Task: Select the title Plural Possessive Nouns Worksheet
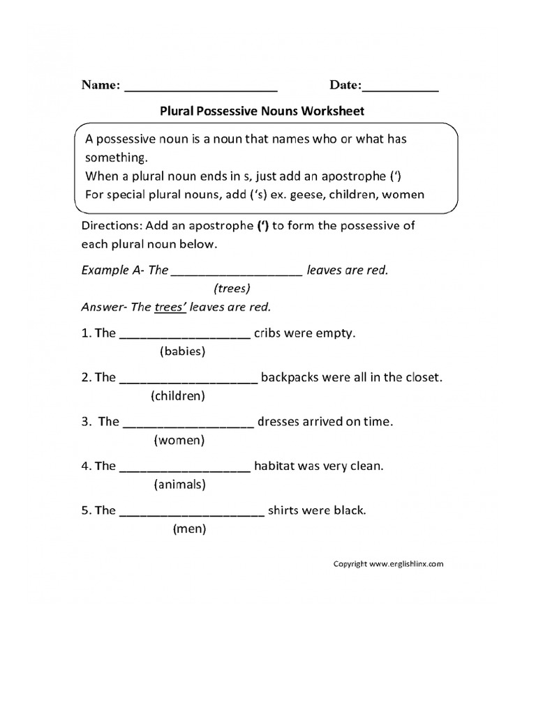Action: coord(262,110)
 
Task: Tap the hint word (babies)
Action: coord(182,351)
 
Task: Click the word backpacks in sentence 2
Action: coord(290,378)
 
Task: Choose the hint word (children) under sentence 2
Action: coord(177,396)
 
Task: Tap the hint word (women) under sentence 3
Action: coord(179,441)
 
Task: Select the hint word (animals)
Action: coord(179,484)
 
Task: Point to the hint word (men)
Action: coord(189,529)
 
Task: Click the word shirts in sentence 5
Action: coord(285,510)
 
